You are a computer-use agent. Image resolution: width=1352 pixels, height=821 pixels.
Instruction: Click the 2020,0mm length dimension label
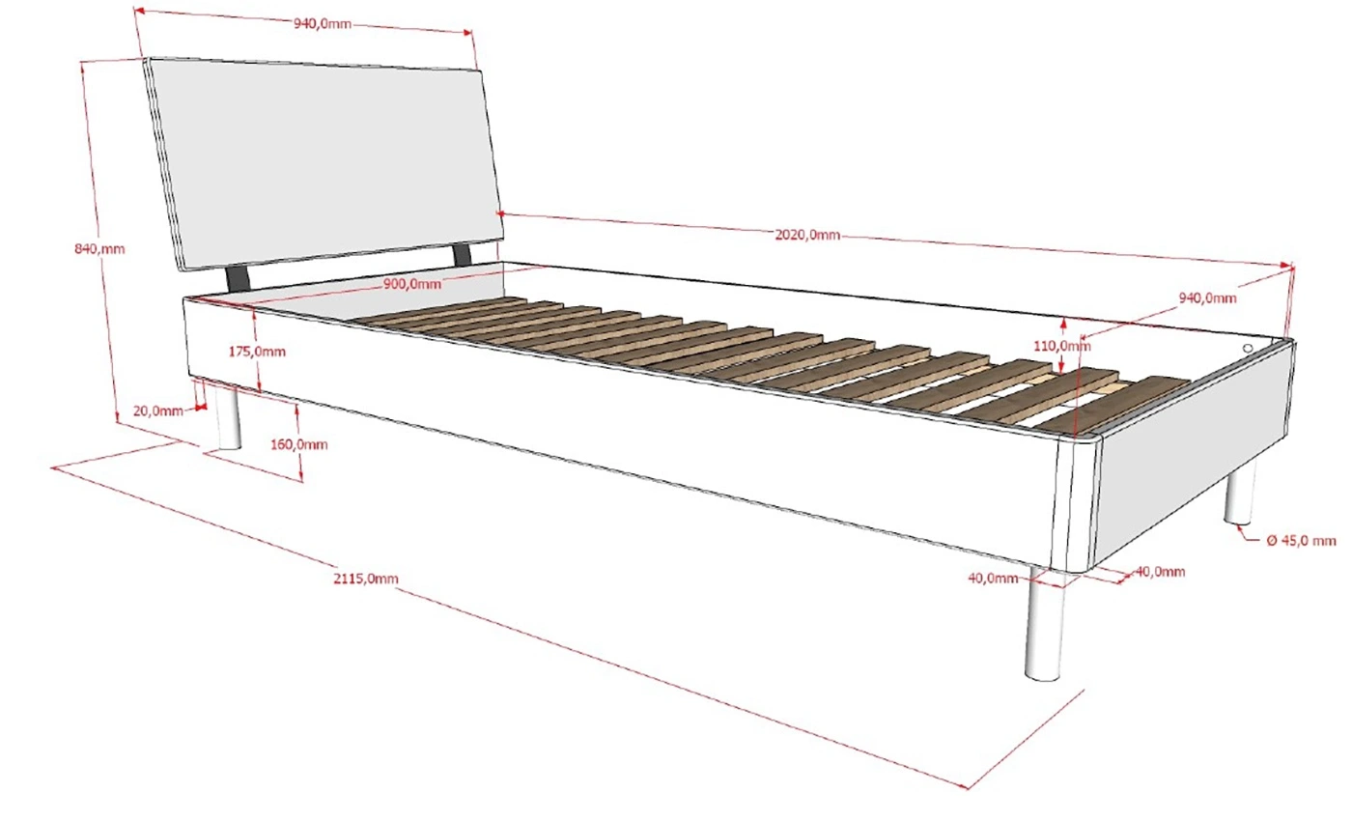coord(807,235)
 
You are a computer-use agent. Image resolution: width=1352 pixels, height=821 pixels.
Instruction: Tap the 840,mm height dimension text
coord(99,249)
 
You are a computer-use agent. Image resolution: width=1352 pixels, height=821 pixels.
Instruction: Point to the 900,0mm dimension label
coord(413,284)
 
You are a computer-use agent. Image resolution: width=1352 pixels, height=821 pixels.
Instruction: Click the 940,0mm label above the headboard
coord(323,24)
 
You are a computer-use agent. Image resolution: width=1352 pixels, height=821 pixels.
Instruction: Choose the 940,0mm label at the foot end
coord(1207,298)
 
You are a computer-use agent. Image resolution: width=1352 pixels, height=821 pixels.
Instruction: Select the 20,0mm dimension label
coord(157,410)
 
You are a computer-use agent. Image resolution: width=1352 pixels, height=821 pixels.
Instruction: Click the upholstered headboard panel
coord(324,159)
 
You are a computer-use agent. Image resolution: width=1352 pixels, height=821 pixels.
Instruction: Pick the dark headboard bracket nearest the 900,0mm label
coord(463,253)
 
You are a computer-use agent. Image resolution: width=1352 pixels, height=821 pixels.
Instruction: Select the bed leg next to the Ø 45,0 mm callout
coord(1241,493)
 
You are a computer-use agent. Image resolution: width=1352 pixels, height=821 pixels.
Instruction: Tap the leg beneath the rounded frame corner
coord(1045,628)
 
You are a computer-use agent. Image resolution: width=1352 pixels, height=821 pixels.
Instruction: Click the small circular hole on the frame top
coord(1248,348)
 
